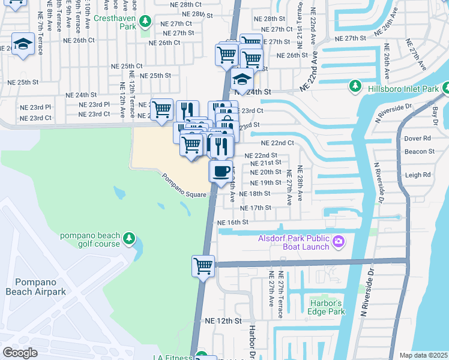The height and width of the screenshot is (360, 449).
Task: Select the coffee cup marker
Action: click(x=221, y=171)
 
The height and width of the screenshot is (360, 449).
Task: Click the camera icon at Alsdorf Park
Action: click(x=339, y=242)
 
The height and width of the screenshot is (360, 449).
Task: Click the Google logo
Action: click(x=20, y=353)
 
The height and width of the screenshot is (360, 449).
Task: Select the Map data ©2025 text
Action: click(x=423, y=355)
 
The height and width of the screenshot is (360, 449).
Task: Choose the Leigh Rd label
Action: click(x=418, y=175)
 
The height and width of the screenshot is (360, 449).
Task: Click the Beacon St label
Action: click(x=419, y=152)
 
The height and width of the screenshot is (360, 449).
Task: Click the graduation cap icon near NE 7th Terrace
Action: click(x=23, y=44)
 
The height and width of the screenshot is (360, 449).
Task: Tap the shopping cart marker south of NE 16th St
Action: click(x=203, y=265)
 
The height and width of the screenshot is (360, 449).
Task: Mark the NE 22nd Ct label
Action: click(x=277, y=143)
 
